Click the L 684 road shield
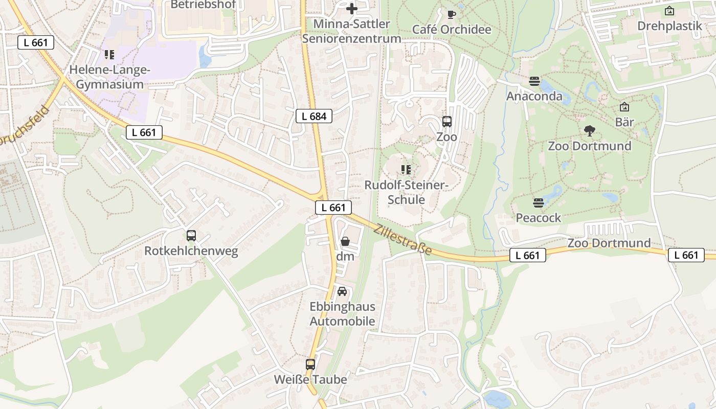pos(314,116)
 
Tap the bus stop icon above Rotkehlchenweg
pos(191,236)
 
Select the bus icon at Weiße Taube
pos(310,365)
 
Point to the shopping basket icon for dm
pos(345,241)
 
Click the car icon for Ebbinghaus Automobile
pos(342,291)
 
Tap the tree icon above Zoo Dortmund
pos(590,131)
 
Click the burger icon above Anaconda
pos(534,81)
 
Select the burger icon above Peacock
pos(538,203)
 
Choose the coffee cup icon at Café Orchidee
pos(452,14)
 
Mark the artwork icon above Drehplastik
pos(669,11)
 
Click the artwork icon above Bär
pos(624,107)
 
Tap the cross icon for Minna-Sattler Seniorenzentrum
pos(352,9)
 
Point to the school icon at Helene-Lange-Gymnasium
pos(109,54)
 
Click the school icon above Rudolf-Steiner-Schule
pos(406,169)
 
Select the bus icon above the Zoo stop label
pos(447,122)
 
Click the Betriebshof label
pos(203,5)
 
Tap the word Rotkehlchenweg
pos(191,251)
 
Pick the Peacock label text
pos(538,218)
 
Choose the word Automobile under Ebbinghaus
pos(342,322)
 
